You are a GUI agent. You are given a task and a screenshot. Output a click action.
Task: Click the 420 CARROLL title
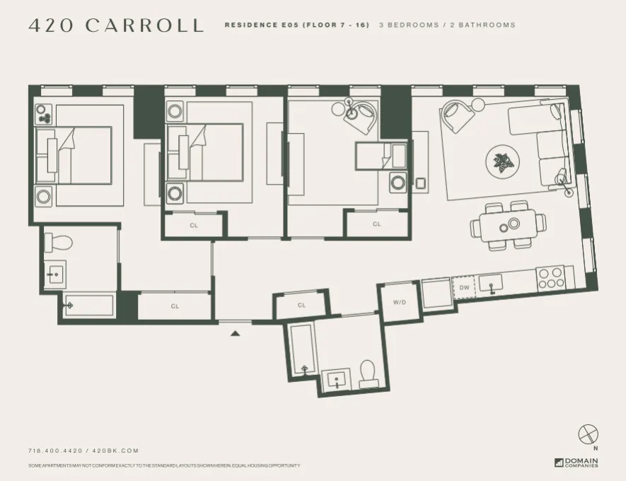[x=116, y=25]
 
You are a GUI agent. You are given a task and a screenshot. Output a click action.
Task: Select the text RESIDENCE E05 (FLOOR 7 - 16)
[x=296, y=25]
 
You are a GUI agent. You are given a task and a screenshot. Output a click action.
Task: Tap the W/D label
[x=399, y=302]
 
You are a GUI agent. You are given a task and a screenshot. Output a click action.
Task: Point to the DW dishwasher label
[x=464, y=288]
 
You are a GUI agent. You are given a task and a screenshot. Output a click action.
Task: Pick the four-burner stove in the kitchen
[x=550, y=277]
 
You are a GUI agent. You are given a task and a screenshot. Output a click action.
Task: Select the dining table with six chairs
[x=509, y=225]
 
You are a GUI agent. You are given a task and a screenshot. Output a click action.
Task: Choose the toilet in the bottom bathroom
[x=368, y=373]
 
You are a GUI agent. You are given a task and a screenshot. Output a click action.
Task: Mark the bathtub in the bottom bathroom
[x=303, y=350]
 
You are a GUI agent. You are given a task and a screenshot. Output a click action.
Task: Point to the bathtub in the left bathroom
[x=88, y=306]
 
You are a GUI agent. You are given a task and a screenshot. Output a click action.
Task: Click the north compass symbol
[x=588, y=434]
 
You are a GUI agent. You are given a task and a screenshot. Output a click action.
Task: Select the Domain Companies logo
[x=576, y=463]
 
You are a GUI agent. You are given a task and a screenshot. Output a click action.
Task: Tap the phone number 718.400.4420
[x=55, y=451]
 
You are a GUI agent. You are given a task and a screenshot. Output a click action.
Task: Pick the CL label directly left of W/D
[x=301, y=306]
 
